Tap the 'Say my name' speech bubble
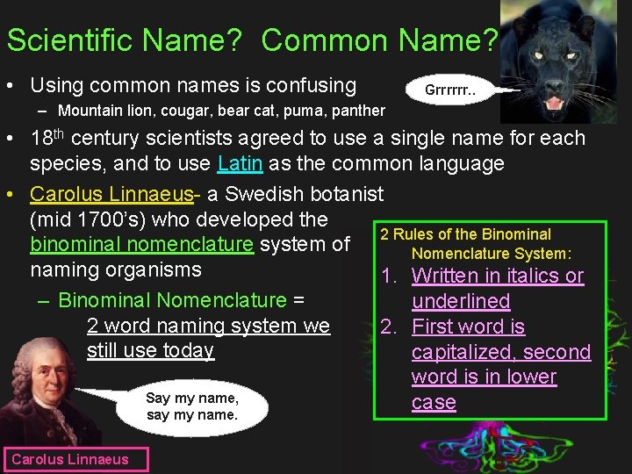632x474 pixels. point(191,406)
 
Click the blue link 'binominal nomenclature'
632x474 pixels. point(142,244)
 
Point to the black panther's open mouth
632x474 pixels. point(554,104)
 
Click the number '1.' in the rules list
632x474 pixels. point(391,276)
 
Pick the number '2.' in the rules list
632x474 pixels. point(391,327)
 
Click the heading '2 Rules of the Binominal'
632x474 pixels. point(465,234)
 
